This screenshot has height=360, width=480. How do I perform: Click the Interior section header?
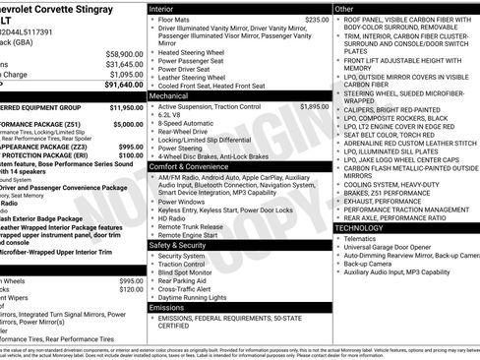(x=162, y=8)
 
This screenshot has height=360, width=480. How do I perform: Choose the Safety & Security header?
(x=181, y=244)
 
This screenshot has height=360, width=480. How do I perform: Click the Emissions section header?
(x=167, y=307)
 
